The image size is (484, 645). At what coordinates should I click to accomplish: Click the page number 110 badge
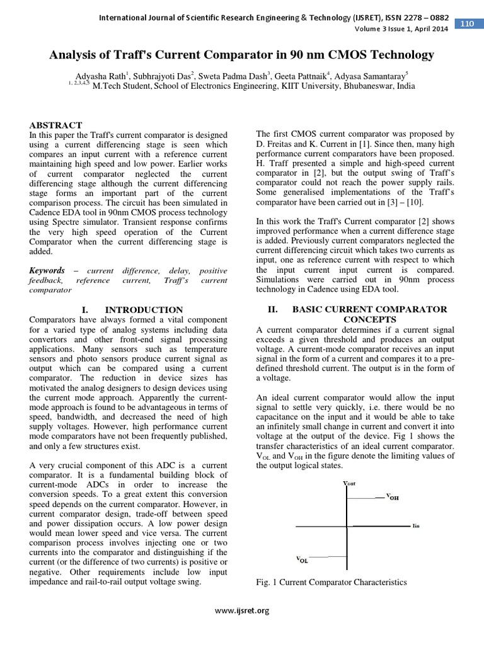tap(467, 24)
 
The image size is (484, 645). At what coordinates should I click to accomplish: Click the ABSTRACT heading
tap(56, 125)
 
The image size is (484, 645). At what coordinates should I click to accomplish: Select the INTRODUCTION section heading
tap(144, 310)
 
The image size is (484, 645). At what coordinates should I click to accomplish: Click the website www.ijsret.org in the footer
tap(242, 610)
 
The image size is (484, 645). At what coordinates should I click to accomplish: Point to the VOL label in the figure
tap(302, 559)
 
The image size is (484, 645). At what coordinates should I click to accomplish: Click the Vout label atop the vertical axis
tap(349, 483)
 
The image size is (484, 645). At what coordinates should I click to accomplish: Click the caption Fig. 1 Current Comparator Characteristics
tap(331, 583)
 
